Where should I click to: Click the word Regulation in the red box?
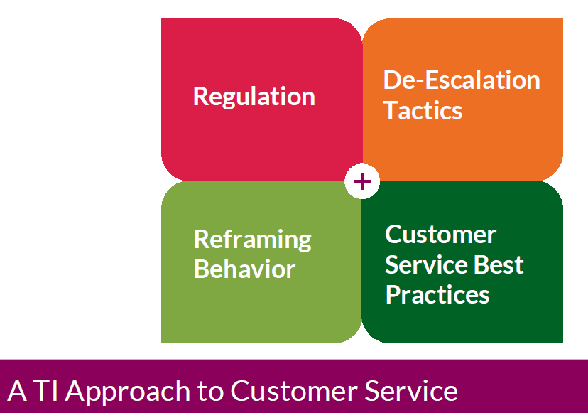click(254, 97)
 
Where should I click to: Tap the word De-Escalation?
click(462, 80)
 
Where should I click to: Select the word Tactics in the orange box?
click(423, 111)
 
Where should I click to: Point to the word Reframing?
click(252, 240)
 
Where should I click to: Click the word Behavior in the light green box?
click(244, 269)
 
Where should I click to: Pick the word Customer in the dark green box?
click(440, 235)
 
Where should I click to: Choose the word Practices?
click(437, 294)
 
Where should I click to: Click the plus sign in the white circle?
click(362, 181)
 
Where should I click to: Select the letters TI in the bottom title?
click(49, 391)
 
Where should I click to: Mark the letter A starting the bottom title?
click(17, 391)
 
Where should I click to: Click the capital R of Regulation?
click(200, 97)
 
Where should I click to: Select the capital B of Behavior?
click(201, 269)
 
